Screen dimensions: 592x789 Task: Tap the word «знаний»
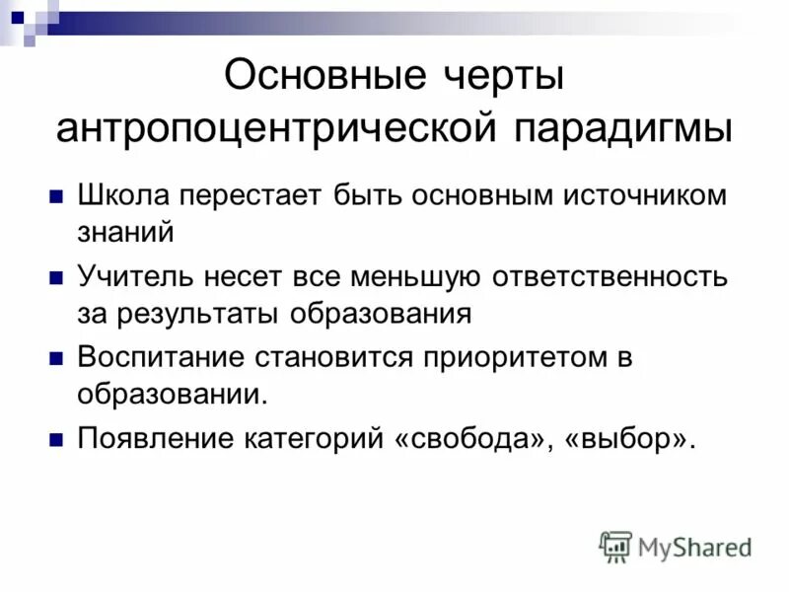click(x=126, y=231)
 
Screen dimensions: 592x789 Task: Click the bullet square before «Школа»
click(x=56, y=195)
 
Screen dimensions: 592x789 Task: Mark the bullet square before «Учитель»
click(x=56, y=277)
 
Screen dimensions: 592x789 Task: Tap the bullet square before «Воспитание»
click(x=56, y=359)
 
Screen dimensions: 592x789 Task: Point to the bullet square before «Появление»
click(x=56, y=439)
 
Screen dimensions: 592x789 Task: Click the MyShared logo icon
click(x=616, y=546)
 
